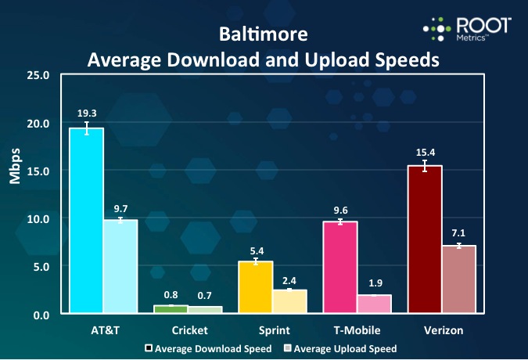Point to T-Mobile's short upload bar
(374, 304)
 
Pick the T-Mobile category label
(357, 331)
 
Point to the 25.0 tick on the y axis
(38, 75)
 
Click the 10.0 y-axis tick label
(38, 219)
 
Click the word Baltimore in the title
(263, 35)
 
